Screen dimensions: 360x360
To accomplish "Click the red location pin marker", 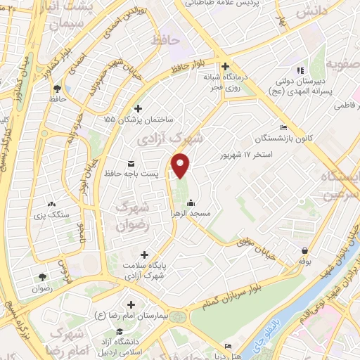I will click(181, 165).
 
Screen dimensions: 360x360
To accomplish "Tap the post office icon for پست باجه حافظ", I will click(131, 164).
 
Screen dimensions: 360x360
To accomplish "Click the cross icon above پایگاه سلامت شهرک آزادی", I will click(145, 255).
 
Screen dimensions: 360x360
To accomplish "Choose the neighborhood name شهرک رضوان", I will click(131, 217).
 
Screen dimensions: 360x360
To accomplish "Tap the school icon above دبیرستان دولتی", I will click(299, 71).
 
